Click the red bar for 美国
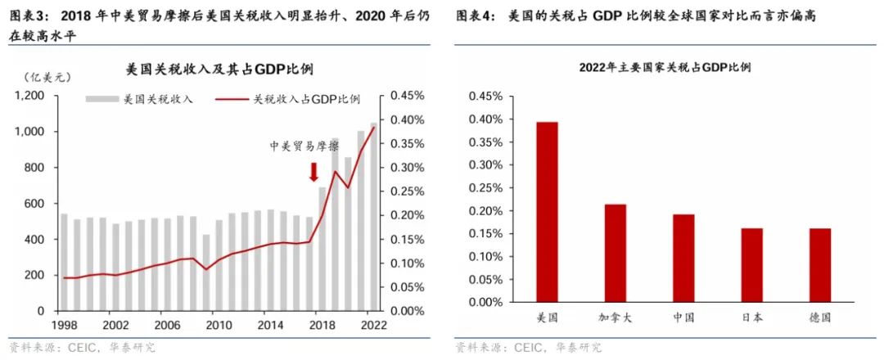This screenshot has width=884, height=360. pos(547,212)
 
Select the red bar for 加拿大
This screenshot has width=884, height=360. pos(615,253)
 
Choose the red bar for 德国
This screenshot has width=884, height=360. pos(819,265)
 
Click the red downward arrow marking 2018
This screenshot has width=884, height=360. pos(313,172)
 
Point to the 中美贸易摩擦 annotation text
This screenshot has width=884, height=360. pos(304,146)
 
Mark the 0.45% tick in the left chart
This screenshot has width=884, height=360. pos(407,96)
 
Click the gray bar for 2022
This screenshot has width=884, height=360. pos(374,217)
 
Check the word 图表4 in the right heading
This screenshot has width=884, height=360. pos(473,16)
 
